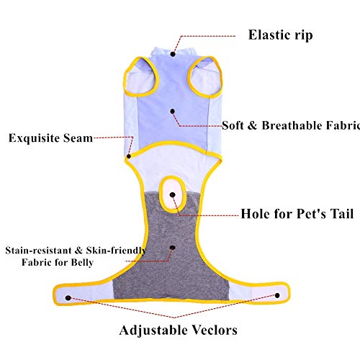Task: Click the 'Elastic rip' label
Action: pyautogui.click(x=280, y=35)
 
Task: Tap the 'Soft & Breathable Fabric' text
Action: pyautogui.click(x=291, y=125)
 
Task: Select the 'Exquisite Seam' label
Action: pyautogui.click(x=50, y=138)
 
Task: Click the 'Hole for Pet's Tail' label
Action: pyautogui.click(x=297, y=214)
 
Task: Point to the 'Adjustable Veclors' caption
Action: pyautogui.click(x=179, y=330)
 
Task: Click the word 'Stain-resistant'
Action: pyautogui.click(x=38, y=251)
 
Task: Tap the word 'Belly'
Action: pyautogui.click(x=82, y=262)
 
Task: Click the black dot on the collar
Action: pyautogui.click(x=173, y=54)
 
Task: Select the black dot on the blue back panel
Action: pyautogui.click(x=173, y=112)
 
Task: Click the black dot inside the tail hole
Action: pyautogui.click(x=173, y=194)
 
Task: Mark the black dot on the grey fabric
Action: pyautogui.click(x=173, y=248)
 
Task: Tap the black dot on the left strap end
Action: pyautogui.click(x=68, y=298)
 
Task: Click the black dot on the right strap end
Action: pyautogui.click(x=277, y=295)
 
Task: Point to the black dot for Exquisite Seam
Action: pyautogui.click(x=129, y=156)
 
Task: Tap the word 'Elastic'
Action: pyautogui.click(x=266, y=35)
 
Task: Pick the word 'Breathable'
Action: pyautogui.click(x=292, y=125)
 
